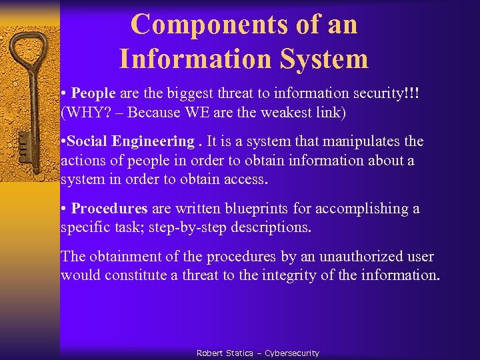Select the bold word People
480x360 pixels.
pos(93,93)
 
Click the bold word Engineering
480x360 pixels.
pos(153,141)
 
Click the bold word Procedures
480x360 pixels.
pos(109,209)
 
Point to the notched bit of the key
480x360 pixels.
pos(25,143)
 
